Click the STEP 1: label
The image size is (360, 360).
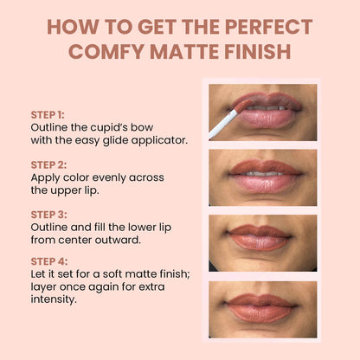48,114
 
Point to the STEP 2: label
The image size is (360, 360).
48,164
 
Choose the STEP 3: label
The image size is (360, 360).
48,213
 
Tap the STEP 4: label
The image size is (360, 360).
48,262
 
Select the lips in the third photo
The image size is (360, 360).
262,237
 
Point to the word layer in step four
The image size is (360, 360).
45,288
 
